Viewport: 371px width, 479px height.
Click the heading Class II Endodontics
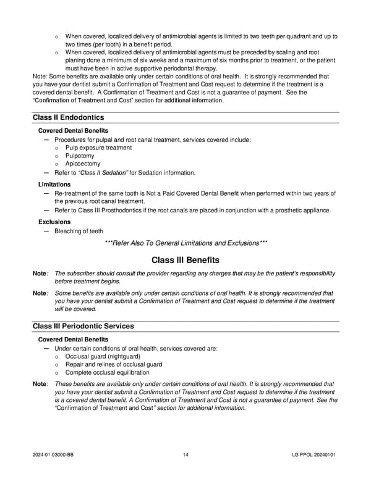coord(68,117)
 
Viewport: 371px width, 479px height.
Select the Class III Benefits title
coord(185,260)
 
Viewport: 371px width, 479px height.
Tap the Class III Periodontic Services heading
coord(83,326)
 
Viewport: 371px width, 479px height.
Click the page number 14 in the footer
coord(186,456)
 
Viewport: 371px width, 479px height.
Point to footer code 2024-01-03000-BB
coord(56,456)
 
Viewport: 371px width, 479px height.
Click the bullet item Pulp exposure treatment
coord(98,148)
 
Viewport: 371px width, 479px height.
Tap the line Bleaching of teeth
coord(79,231)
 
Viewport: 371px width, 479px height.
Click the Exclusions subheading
coord(54,222)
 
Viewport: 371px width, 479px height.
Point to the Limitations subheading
coord(54,185)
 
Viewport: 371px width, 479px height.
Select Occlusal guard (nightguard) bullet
coord(102,357)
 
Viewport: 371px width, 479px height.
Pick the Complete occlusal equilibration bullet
coord(107,373)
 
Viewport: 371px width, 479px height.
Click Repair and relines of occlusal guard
coord(113,365)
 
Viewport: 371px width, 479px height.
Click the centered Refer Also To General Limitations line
coord(186,243)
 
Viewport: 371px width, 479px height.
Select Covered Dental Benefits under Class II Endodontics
coord(73,131)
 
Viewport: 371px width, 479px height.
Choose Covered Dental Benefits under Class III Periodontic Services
coord(73,339)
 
